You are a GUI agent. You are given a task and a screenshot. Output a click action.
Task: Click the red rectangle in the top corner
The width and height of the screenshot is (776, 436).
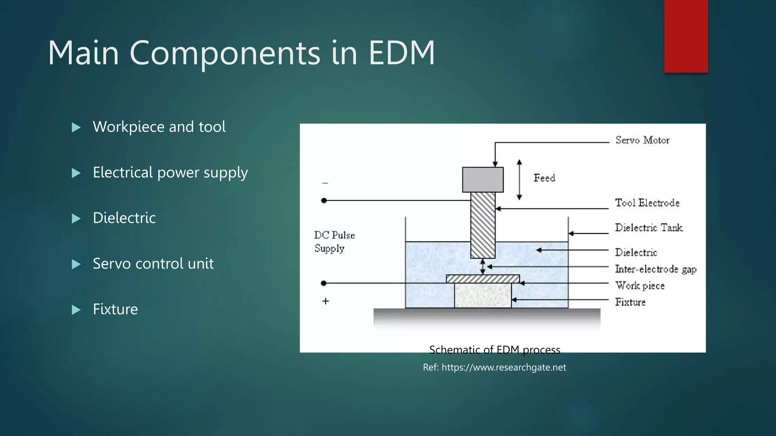tap(686, 36)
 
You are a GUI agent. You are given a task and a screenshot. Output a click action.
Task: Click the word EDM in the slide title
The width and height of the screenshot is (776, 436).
tap(402, 53)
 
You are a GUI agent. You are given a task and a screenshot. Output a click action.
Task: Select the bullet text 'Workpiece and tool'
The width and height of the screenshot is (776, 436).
tap(159, 127)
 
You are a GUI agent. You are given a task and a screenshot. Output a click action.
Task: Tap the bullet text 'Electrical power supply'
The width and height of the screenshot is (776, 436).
tap(170, 173)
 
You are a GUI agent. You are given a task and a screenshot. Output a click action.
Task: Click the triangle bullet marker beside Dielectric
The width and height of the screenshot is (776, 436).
tap(76, 219)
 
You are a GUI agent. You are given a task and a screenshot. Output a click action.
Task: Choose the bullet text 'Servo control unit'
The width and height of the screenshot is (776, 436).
tap(153, 264)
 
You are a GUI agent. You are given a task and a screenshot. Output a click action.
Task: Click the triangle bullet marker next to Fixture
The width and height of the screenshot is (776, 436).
tap(76, 310)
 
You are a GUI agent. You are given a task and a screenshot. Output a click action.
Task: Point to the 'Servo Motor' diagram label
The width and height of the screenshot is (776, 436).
tap(642, 140)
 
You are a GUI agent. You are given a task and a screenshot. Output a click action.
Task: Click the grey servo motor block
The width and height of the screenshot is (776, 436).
tap(483, 180)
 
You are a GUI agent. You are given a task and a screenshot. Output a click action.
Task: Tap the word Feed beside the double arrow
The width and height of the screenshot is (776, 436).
tap(544, 178)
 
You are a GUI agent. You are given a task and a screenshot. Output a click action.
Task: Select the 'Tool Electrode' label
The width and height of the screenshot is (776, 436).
tap(647, 203)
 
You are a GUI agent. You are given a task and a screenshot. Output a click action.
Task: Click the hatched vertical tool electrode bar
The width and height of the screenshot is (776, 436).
tap(483, 225)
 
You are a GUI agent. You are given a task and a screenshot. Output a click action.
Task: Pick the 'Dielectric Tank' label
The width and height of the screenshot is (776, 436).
tap(649, 227)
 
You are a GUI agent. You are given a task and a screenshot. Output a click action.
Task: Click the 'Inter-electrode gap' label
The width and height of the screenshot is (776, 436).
tap(656, 269)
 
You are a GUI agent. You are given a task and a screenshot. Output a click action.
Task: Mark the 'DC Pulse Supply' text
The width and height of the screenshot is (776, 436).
tap(334, 241)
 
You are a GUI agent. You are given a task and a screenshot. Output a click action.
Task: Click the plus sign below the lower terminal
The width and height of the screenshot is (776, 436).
tap(325, 301)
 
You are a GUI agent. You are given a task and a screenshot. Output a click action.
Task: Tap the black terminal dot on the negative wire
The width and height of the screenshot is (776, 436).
tap(324, 201)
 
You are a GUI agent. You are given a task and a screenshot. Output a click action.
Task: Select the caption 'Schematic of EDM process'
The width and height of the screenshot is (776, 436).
tap(494, 350)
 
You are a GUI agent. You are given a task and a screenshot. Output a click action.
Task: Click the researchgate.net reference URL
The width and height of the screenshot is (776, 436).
tap(504, 367)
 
